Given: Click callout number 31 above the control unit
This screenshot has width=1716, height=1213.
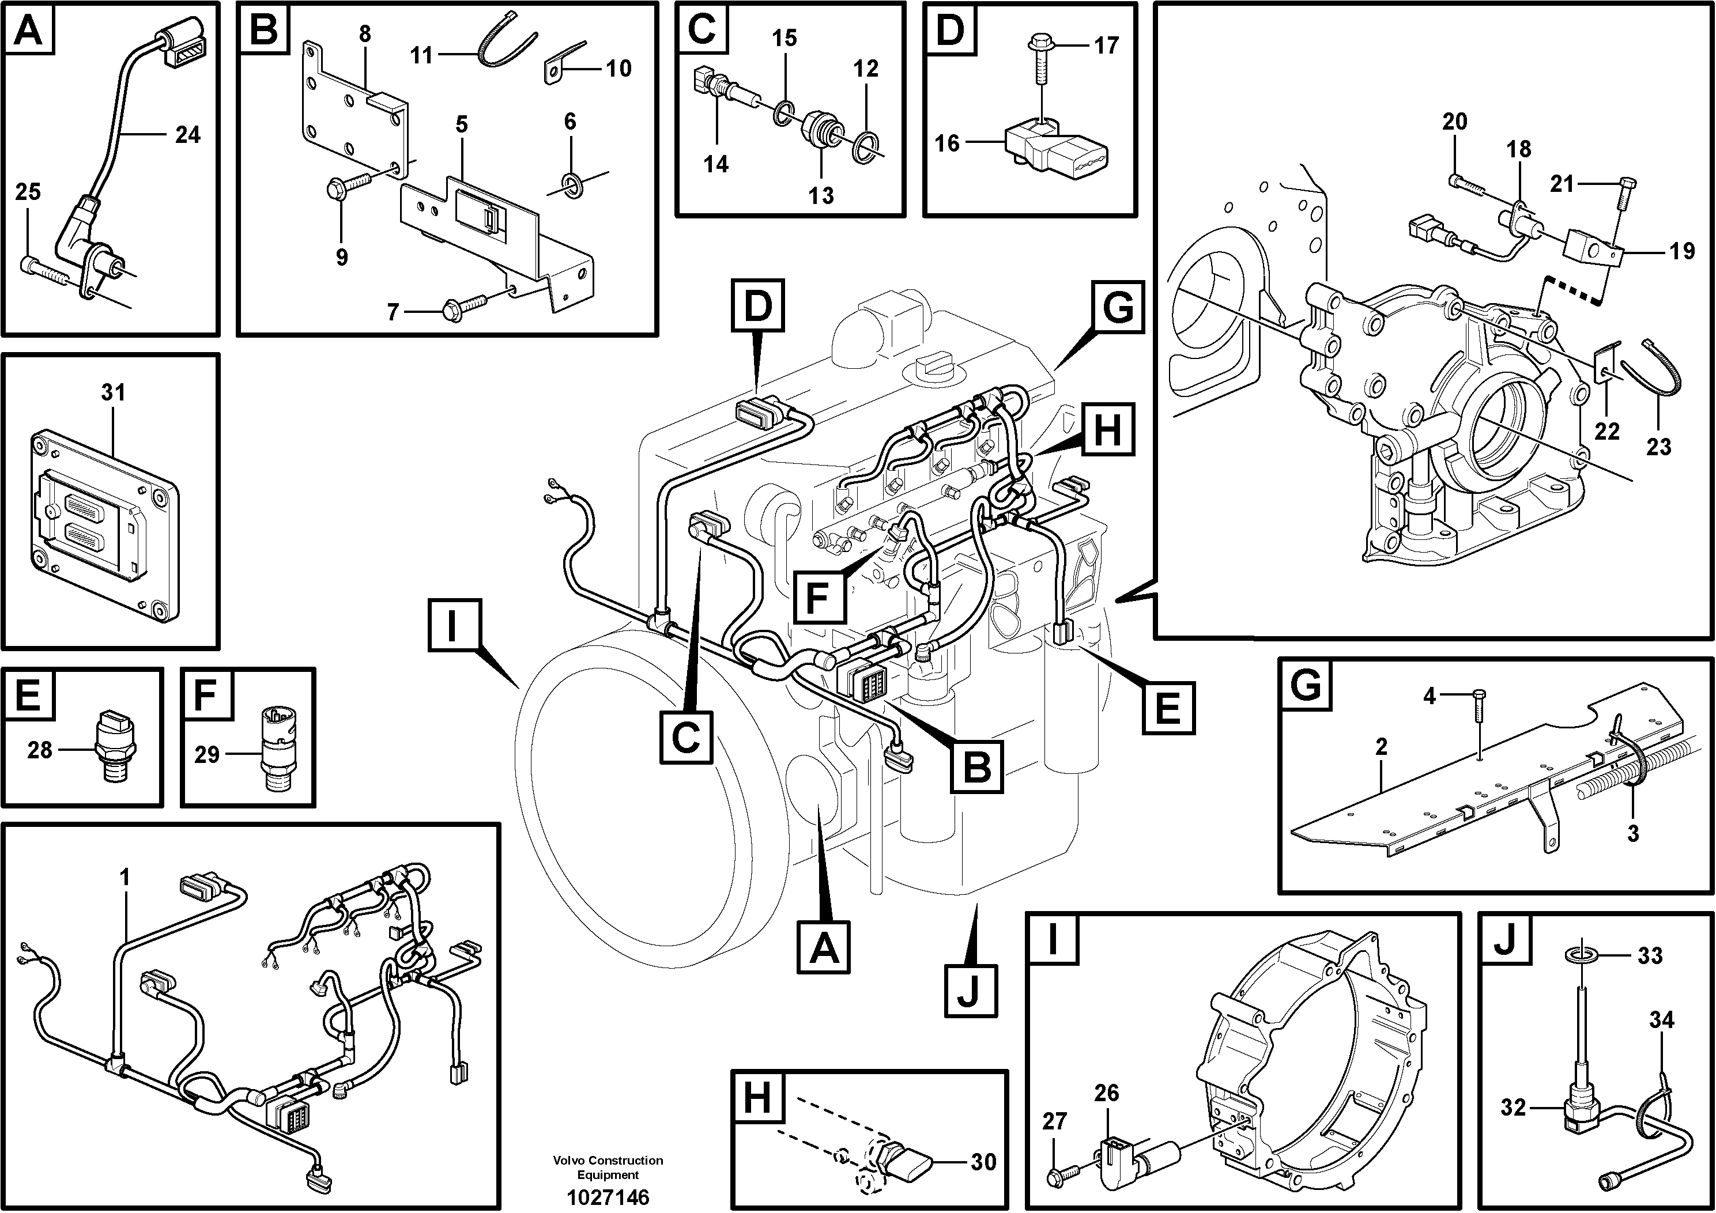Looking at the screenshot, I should [x=113, y=392].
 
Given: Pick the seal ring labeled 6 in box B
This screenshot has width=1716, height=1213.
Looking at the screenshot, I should [x=572, y=184].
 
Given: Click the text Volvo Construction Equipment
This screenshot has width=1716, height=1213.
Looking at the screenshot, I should [x=607, y=1167].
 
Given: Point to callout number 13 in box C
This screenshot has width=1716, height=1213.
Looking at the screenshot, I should [x=821, y=195].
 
